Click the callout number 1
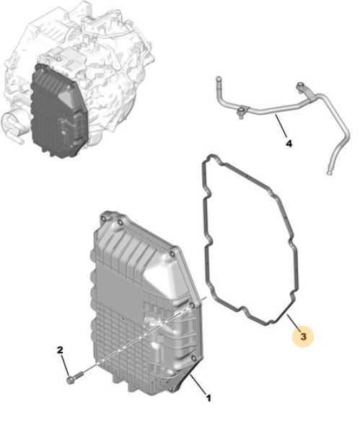click(208, 398)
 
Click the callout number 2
click(60, 350)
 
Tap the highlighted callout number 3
click(303, 336)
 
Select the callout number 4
click(289, 143)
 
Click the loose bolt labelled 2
click(74, 377)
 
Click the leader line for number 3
click(293, 321)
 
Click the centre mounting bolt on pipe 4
click(241, 112)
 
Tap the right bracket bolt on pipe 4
click(300, 87)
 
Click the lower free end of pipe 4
click(329, 172)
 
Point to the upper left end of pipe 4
click(219, 79)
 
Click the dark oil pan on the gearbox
click(58, 112)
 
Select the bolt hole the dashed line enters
click(193, 306)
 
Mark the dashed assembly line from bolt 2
click(137, 340)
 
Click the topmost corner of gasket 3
click(211, 156)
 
